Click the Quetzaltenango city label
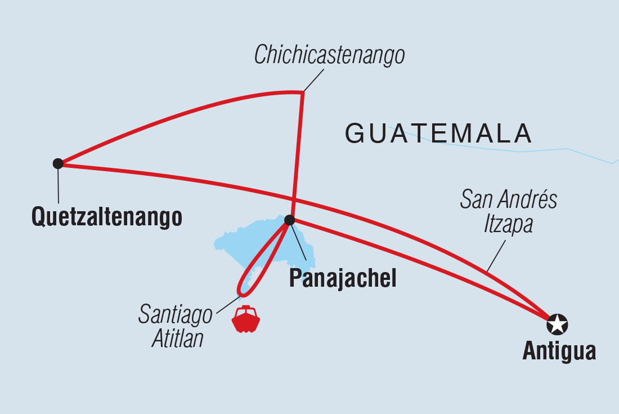[107, 216]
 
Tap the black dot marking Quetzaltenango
[58, 163]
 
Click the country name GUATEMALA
[438, 134]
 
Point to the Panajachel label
[342, 279]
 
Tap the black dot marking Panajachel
[289, 220]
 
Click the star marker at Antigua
[557, 324]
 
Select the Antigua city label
[559, 351]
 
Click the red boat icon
[246, 319]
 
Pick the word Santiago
[176, 315]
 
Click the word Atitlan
[178, 339]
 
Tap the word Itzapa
[508, 224]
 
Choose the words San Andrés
[508, 200]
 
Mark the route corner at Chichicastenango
[303, 92]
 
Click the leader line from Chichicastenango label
[314, 80]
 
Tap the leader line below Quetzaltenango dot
[58, 186]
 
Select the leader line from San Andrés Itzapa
[496, 256]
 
